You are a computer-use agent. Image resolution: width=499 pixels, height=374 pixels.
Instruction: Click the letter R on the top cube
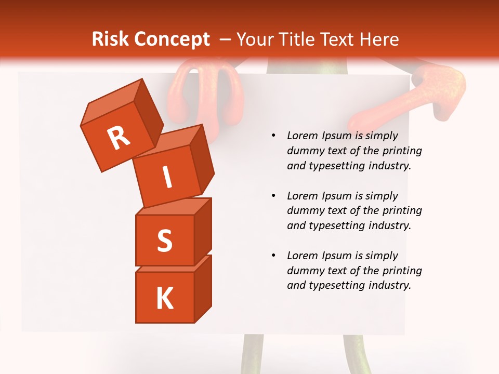point(119,138)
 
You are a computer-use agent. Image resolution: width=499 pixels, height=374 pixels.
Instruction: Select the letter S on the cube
point(164,241)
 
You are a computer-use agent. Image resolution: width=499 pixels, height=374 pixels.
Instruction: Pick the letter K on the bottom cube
point(164,299)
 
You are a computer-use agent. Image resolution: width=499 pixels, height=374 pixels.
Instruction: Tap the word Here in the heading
point(378,39)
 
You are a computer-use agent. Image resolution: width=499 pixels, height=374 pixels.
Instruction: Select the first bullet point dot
point(273,136)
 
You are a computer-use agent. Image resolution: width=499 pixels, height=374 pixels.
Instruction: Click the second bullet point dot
point(273,196)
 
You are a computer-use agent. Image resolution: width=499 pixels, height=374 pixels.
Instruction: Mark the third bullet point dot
point(273,256)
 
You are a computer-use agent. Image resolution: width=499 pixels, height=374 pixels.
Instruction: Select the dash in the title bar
point(226,39)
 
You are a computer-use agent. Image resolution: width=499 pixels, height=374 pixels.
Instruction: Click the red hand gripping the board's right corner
point(440,91)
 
